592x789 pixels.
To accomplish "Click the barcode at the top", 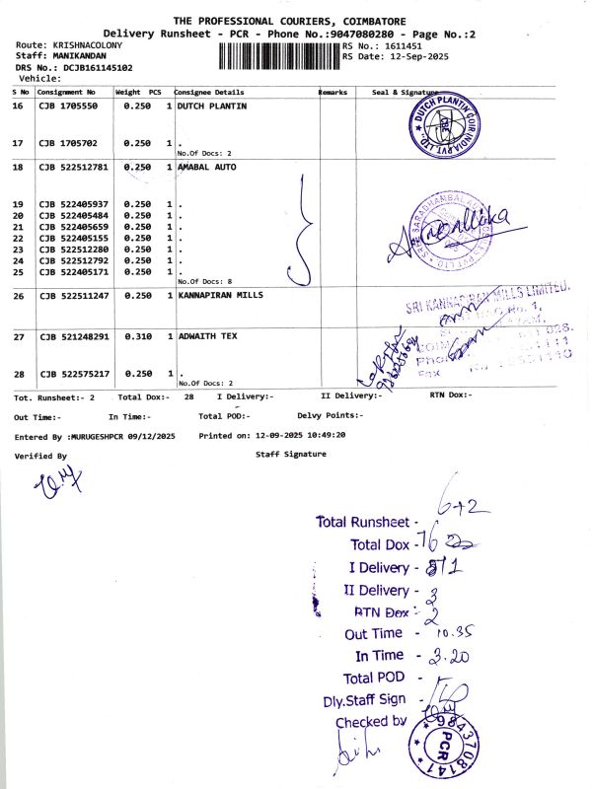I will tap(273, 52).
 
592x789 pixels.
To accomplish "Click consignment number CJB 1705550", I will tap(67, 106).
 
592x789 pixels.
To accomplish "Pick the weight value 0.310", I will tap(132, 336).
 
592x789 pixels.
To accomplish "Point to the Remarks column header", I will tap(333, 92).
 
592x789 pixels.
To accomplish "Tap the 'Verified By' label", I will tap(40, 456).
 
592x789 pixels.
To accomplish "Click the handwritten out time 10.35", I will tap(452, 632).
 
